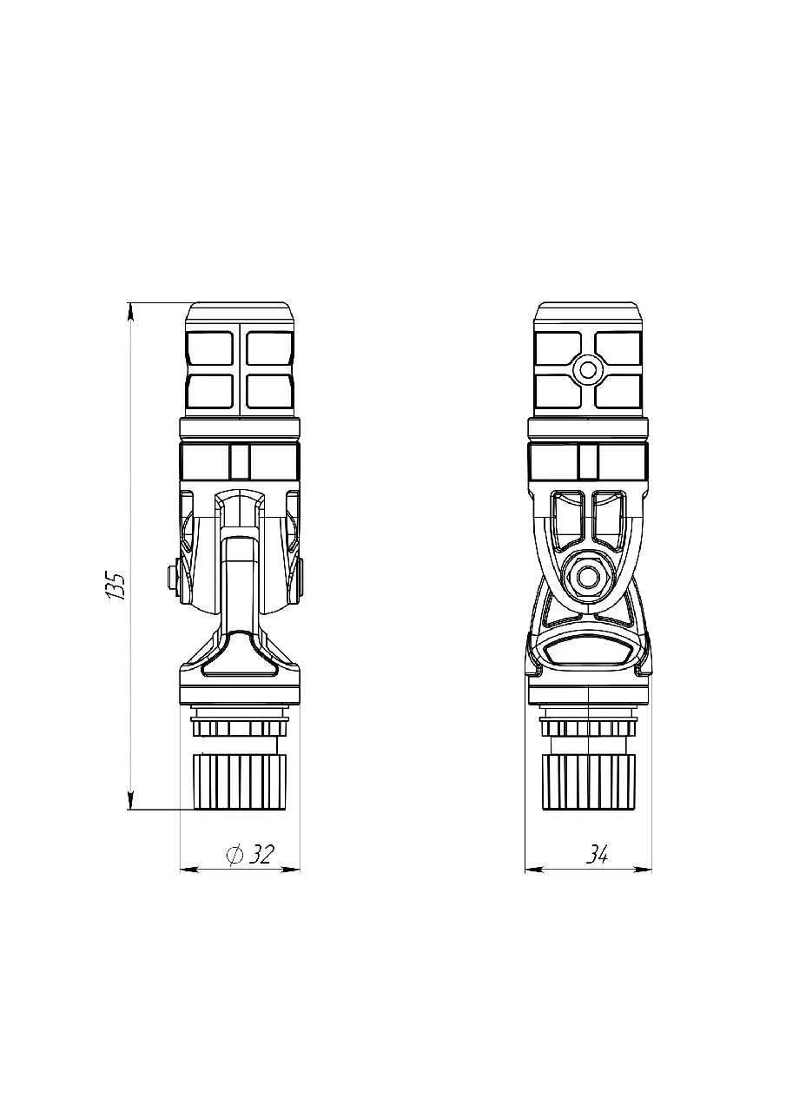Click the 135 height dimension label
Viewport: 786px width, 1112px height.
116,586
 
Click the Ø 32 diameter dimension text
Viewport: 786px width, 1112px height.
250,854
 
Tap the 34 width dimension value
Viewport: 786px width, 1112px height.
597,854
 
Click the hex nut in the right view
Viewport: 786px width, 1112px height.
587,576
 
